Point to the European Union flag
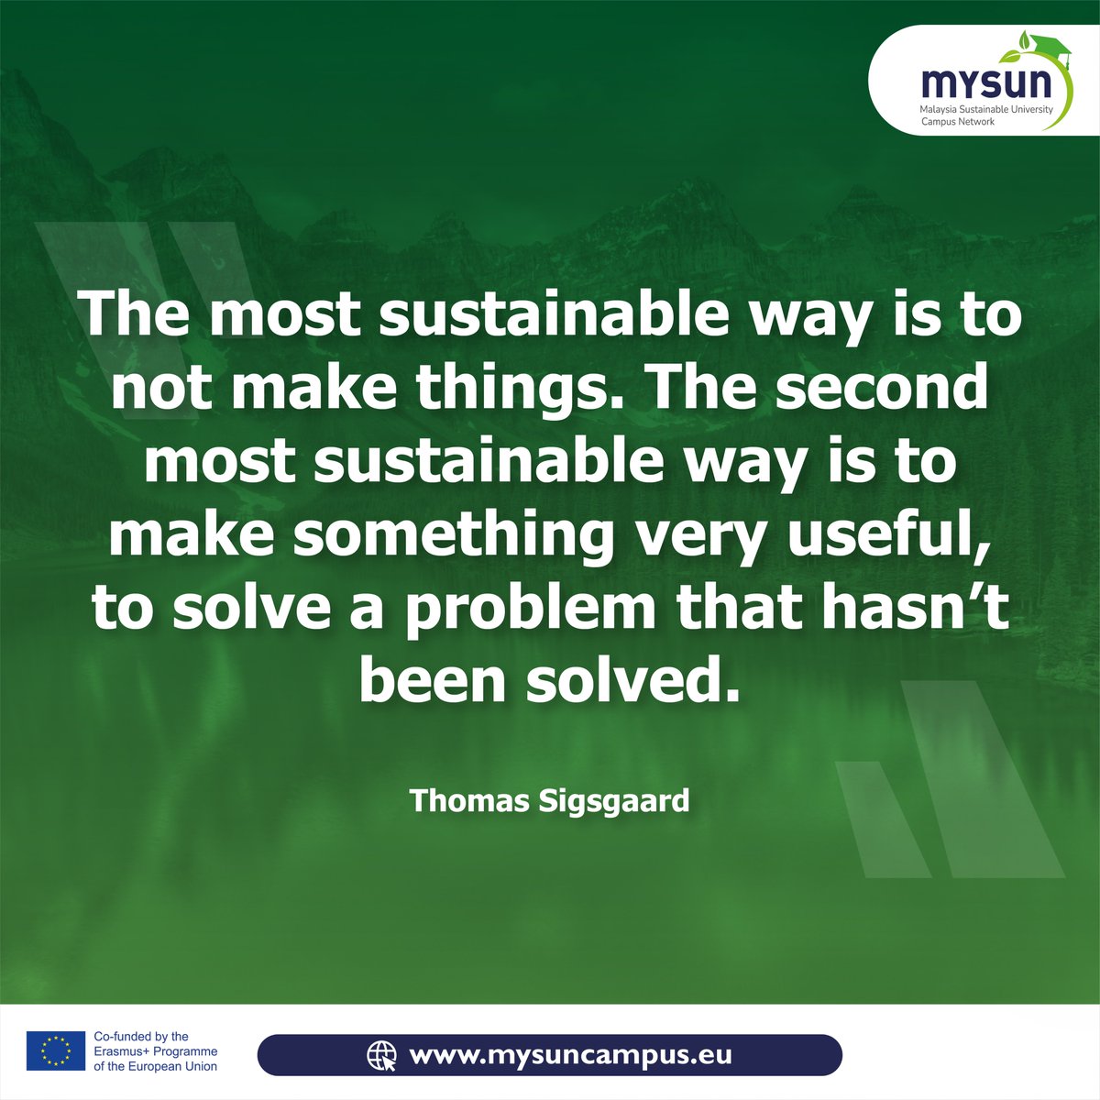click(x=55, y=1050)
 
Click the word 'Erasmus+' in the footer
click(x=125, y=1051)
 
